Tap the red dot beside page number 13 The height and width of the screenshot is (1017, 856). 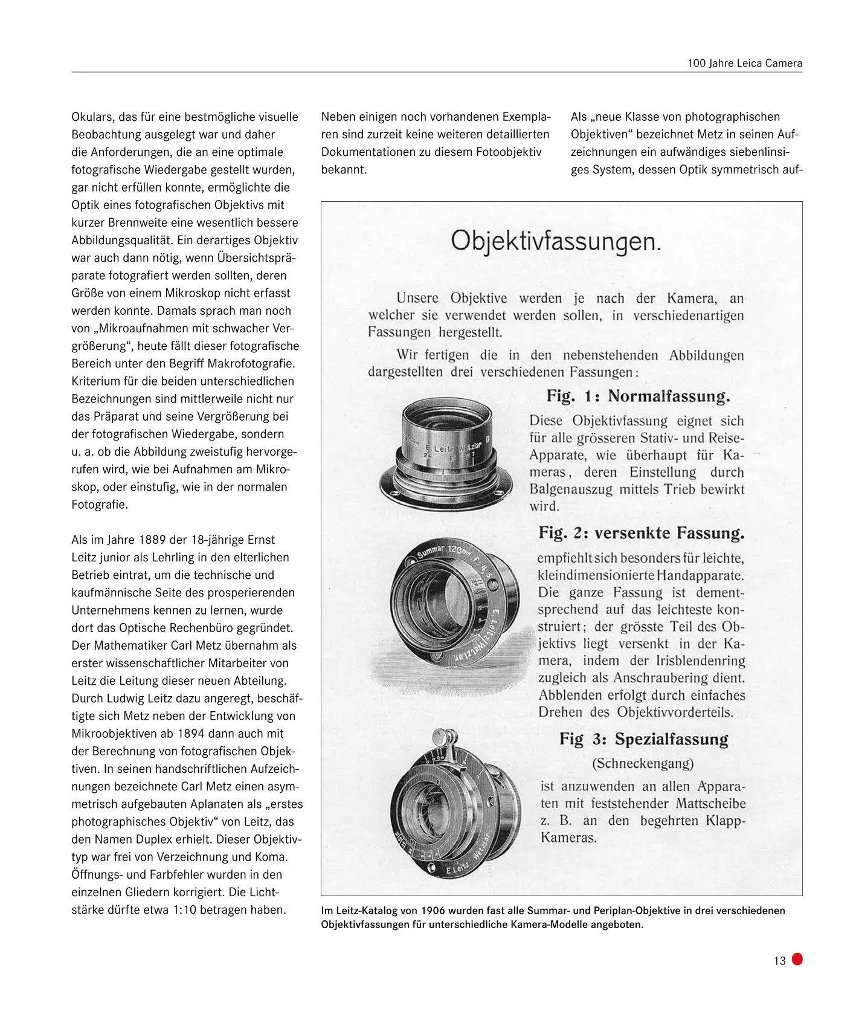click(797, 959)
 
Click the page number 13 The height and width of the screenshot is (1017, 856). click(779, 960)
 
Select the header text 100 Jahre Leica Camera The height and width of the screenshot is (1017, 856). click(745, 63)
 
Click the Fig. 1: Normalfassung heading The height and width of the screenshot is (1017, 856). click(638, 396)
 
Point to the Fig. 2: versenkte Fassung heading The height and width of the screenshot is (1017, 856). click(641, 533)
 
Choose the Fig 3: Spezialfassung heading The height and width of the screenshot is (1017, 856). click(643, 739)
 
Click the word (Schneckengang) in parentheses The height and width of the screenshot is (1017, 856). click(643, 763)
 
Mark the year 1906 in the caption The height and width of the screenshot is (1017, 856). click(435, 911)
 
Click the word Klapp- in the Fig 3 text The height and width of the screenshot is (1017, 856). click(722, 821)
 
